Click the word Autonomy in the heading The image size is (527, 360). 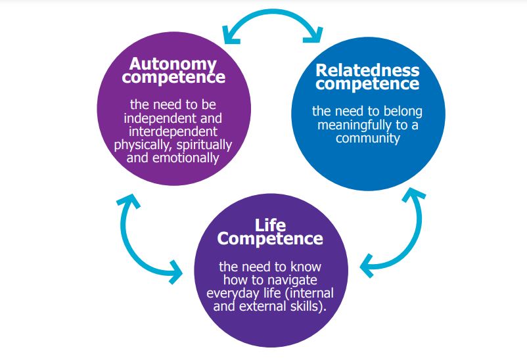[173, 64]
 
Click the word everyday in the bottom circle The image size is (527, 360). [246, 294]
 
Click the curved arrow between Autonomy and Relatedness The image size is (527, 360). [273, 20]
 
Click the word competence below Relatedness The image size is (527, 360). [367, 83]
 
